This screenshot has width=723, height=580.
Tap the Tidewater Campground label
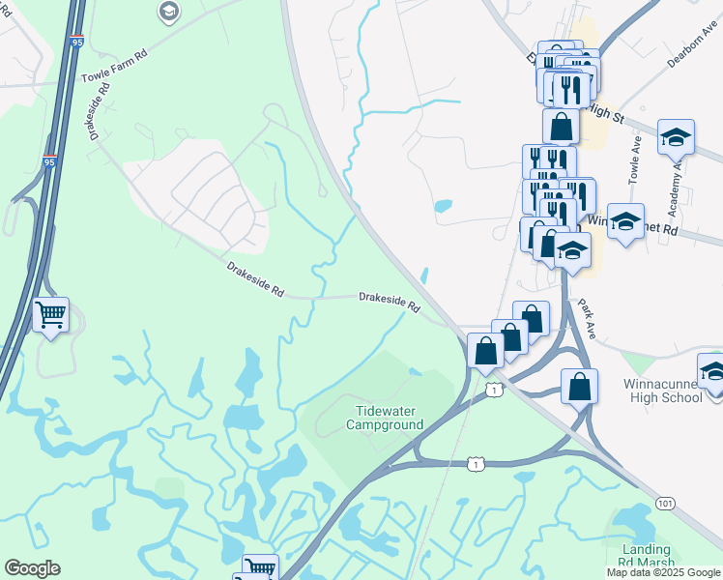(385, 418)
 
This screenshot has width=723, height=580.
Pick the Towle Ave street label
(635, 159)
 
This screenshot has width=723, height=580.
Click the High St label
(606, 113)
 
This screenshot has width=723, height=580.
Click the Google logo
(32, 568)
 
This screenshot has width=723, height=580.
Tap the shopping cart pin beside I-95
(50, 313)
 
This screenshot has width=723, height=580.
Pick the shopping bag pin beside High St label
(561, 126)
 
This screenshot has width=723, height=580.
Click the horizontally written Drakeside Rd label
(390, 302)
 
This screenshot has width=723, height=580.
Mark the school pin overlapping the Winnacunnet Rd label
(625, 223)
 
